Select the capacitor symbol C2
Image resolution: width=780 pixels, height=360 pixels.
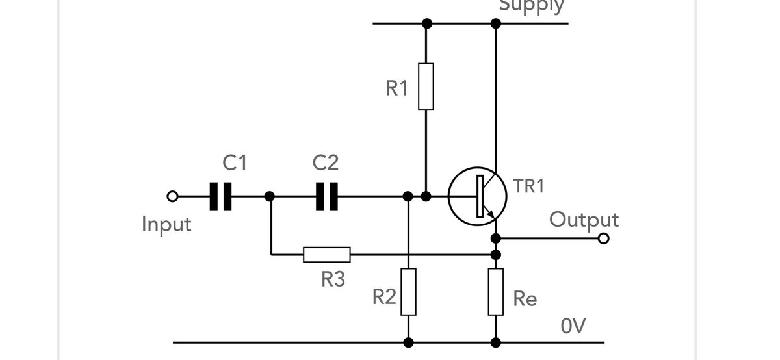point(326,196)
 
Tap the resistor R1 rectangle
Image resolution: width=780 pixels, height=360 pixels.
point(426,86)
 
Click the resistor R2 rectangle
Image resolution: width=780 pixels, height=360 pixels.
point(408,292)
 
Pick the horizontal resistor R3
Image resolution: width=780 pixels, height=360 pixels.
point(327,255)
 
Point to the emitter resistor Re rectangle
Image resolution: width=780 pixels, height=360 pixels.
point(496,292)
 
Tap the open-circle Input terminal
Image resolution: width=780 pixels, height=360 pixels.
point(172,196)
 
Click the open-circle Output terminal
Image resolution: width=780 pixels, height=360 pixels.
point(603,238)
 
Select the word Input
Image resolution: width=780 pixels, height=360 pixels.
point(167,225)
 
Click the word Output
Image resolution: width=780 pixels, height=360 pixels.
point(584,220)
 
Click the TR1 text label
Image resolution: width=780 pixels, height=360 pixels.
point(528,186)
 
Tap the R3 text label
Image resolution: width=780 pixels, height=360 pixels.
point(333,279)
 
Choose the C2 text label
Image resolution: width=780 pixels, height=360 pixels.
point(325,162)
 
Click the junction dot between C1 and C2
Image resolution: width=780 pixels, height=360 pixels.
point(270,196)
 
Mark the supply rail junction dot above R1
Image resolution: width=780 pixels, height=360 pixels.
point(426,23)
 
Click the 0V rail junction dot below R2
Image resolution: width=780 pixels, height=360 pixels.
point(408,342)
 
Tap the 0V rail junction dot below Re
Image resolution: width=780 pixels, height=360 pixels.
point(496,342)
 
